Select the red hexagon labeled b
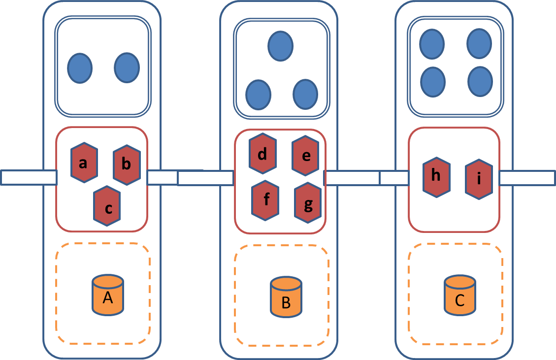point(127,165)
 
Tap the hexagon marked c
point(107,206)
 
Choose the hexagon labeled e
point(305,156)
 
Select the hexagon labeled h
point(436,177)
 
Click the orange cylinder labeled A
point(108,295)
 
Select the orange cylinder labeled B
point(286,296)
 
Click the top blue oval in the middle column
point(280,46)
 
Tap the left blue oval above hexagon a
point(80,68)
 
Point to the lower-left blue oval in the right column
point(433,81)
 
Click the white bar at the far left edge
point(28,177)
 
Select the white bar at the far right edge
point(527,178)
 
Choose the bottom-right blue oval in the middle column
point(305,95)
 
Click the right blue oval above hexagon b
point(127,67)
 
